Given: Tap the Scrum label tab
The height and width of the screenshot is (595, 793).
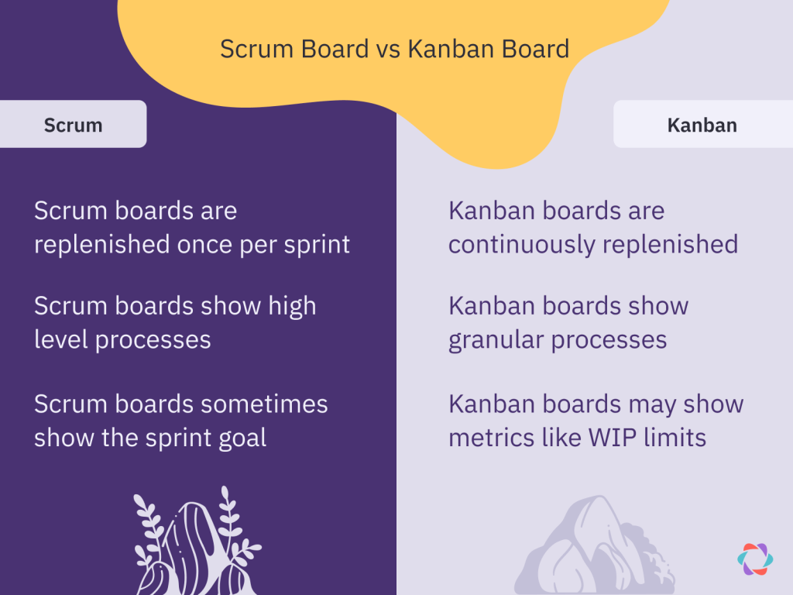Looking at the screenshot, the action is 74,124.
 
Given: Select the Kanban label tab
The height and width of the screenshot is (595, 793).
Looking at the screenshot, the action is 703,124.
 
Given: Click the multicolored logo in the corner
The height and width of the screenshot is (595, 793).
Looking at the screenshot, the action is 755,559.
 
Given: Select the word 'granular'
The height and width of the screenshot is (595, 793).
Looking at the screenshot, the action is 496,340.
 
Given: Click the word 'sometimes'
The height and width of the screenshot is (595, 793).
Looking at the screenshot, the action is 265,404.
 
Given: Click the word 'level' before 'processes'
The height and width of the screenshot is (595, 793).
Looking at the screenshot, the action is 61,339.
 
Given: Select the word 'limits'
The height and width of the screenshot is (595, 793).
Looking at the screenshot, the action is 675,438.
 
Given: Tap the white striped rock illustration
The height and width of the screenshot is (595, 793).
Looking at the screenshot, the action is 197,544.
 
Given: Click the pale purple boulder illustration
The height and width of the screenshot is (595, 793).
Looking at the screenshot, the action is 595,545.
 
